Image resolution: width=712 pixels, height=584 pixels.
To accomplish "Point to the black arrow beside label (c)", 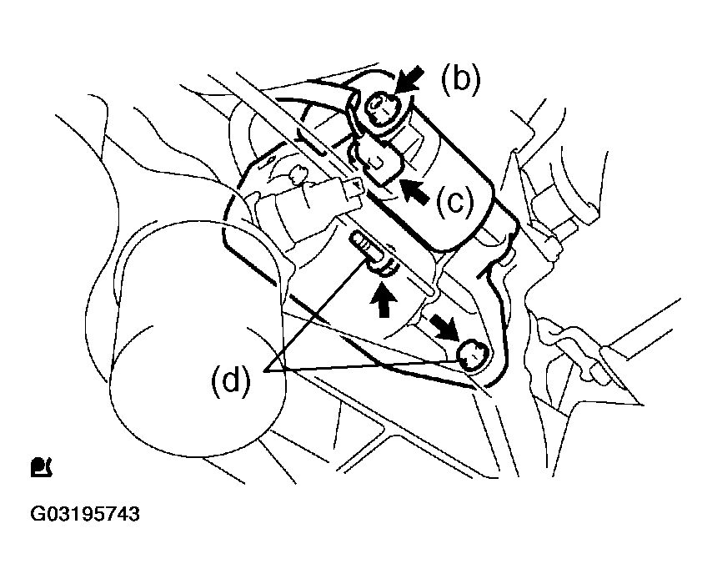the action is pos(416,191).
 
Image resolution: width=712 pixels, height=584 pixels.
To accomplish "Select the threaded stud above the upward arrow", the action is pos(365,245).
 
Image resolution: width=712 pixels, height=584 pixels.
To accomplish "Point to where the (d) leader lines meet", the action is pos(265,371).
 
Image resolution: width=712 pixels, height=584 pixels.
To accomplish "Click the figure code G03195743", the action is pos(85,514).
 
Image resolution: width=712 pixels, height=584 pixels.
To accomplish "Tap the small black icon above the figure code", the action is pos(42,467).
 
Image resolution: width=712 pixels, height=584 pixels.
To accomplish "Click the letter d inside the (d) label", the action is pos(231,380).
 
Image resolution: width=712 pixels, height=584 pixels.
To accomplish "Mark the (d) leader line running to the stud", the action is pos(316,315).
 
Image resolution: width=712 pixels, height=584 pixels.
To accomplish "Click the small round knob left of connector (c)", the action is pos(298,174).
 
